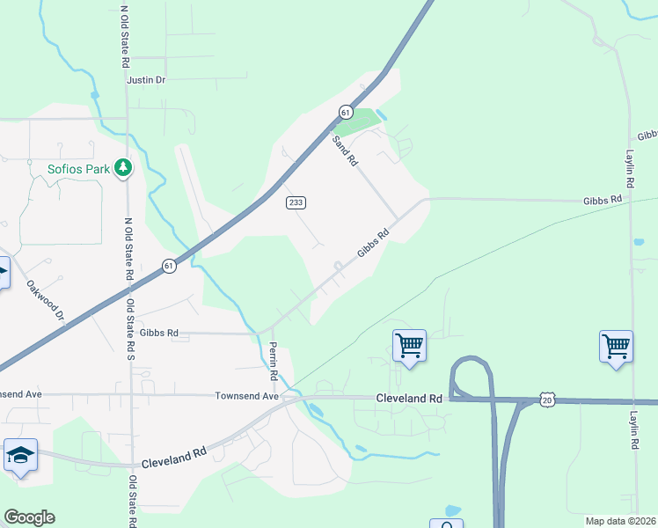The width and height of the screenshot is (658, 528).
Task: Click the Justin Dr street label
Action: click(146, 80)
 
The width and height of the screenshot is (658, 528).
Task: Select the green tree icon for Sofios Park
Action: click(124, 167)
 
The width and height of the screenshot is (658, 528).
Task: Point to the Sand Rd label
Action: click(345, 150)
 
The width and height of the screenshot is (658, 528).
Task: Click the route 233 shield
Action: click(296, 202)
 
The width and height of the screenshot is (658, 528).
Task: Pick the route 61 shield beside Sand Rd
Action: click(346, 113)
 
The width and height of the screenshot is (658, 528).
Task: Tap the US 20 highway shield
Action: click(547, 400)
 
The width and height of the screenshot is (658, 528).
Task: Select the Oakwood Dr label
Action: click(46, 299)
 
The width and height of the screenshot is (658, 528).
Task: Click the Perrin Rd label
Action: click(274, 361)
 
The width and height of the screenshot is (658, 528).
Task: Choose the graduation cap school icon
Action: click(20, 456)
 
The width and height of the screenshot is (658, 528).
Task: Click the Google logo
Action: click(29, 517)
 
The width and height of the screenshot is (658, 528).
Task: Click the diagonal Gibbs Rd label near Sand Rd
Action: click(373, 245)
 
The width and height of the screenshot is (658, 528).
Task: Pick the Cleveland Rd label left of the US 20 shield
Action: click(409, 398)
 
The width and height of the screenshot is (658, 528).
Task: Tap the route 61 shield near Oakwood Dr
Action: click(168, 265)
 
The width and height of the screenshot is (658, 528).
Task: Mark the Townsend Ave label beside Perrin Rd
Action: click(246, 397)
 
